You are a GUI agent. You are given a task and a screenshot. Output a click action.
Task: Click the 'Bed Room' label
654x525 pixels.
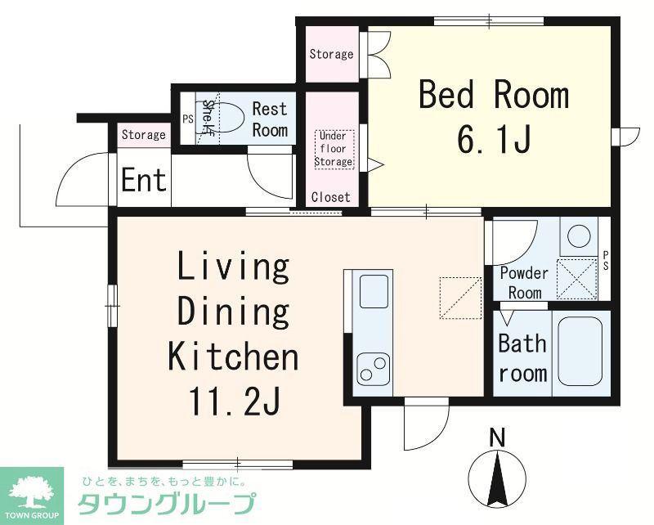494,95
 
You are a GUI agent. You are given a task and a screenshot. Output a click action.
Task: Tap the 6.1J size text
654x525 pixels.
494,139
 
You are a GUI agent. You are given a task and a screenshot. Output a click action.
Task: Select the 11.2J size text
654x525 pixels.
234,401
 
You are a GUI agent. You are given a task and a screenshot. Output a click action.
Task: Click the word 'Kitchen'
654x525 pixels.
233,356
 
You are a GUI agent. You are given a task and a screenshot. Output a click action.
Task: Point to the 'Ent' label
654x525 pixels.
144,180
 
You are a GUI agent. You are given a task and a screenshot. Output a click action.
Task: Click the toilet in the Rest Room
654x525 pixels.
222,117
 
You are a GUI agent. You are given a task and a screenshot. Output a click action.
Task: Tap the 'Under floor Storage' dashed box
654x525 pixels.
334,149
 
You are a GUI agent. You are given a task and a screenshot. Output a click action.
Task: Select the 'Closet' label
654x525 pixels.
331,197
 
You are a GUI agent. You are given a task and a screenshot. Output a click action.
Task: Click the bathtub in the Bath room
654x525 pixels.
580,352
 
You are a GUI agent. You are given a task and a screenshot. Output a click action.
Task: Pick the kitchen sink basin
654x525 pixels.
374,291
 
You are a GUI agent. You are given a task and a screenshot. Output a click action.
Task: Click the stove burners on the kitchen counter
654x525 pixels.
374,368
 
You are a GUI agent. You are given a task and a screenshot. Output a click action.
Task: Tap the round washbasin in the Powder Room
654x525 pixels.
580,236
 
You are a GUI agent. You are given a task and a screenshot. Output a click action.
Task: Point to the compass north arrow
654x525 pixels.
497,480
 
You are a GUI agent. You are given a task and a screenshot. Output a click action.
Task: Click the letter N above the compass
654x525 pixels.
497,438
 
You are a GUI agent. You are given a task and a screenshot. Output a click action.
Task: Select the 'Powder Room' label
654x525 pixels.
524,283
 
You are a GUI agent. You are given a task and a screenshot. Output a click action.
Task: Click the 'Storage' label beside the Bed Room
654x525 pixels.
332,54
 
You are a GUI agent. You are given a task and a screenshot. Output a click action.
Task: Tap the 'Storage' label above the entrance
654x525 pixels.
144,135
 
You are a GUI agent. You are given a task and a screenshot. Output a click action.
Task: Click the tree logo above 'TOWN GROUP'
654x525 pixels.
32,492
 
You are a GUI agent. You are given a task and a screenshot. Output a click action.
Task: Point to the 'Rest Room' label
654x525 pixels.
270,119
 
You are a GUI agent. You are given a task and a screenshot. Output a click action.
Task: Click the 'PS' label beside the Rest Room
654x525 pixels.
188,119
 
